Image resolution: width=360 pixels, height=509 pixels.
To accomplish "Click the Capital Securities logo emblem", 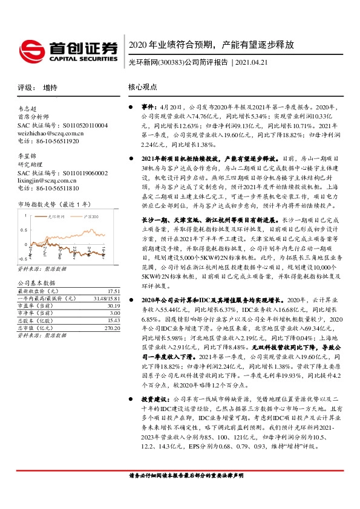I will click(31, 49).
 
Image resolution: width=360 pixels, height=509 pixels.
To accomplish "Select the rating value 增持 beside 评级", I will click(51, 87).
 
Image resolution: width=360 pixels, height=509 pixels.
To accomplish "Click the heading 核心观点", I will click(142, 87).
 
